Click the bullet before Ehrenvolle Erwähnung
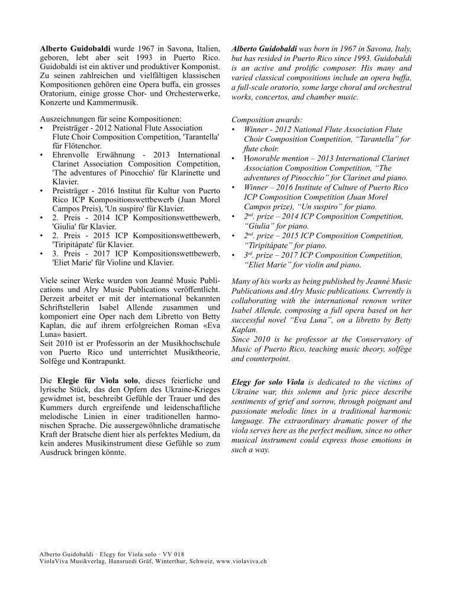point(41,154)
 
